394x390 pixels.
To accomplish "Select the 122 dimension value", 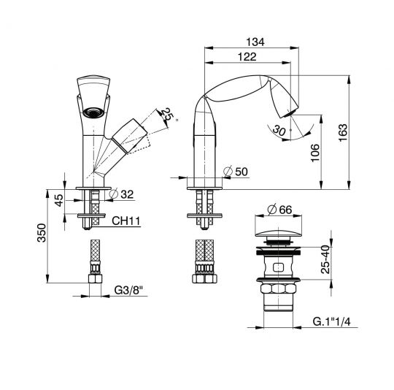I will (248, 56).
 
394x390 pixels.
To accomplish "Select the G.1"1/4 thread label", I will (333, 321).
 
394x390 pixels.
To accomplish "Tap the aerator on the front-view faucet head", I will (93, 112).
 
